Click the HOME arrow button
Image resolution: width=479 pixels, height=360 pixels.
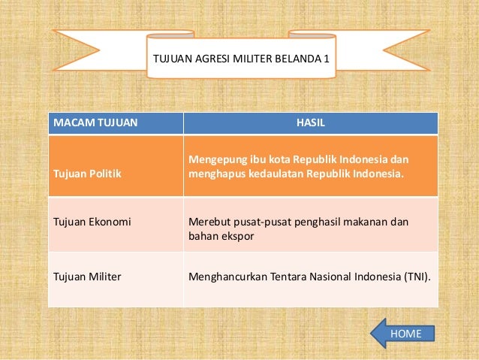[x=403, y=333]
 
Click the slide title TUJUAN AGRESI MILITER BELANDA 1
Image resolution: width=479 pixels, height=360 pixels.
[x=240, y=56]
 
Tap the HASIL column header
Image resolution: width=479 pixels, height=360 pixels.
[x=311, y=122]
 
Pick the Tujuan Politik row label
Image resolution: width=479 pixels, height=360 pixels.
[x=86, y=174]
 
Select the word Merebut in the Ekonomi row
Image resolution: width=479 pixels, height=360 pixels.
[x=207, y=222]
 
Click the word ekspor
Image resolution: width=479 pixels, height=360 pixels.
[x=238, y=237]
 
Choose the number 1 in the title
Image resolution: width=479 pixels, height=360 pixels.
[x=327, y=56]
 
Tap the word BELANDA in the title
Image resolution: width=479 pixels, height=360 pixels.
[x=300, y=56]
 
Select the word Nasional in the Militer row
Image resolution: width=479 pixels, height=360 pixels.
[x=327, y=276]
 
